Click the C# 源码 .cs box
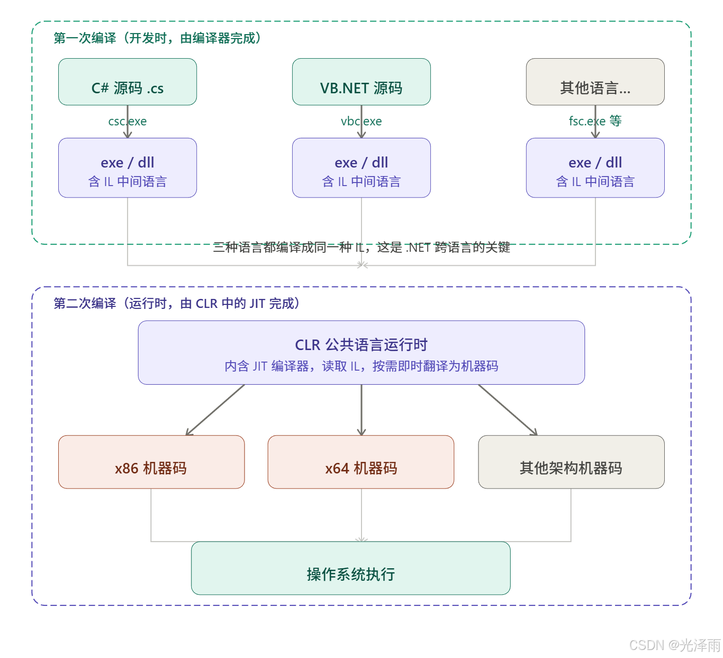click(128, 82)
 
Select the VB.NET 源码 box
click(361, 82)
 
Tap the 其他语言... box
click(595, 82)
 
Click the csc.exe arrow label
click(128, 121)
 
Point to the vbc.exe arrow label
click(361, 121)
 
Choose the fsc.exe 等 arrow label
click(595, 121)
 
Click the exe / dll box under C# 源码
click(128, 168)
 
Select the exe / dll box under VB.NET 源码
click(361, 168)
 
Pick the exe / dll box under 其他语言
click(595, 168)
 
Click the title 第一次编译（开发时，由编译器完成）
click(157, 38)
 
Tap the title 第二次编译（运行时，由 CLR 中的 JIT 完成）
click(176, 303)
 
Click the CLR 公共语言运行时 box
click(361, 353)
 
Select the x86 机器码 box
click(151, 462)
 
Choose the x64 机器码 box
click(361, 462)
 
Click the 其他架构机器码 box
click(571, 462)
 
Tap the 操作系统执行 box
click(350, 568)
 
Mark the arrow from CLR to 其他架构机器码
click(507, 409)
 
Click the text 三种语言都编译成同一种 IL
click(361, 247)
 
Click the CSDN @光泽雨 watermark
click(674, 644)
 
